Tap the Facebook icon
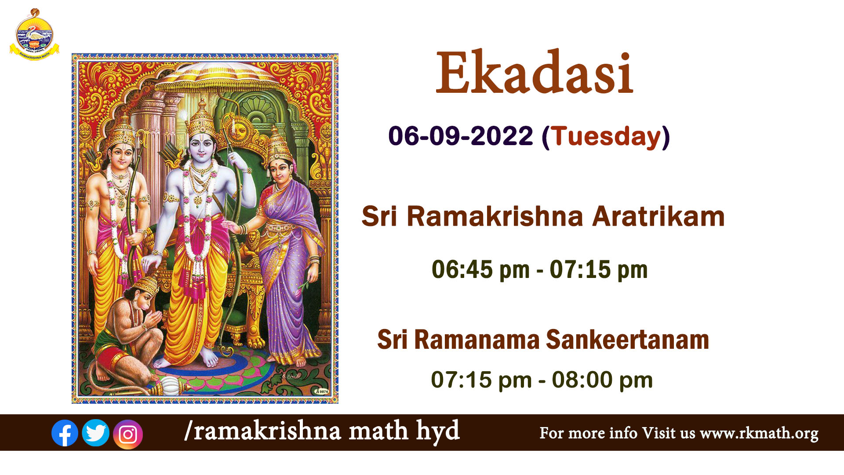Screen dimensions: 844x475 click(x=65, y=433)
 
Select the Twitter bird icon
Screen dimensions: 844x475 click(x=96, y=433)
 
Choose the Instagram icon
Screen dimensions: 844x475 click(x=128, y=435)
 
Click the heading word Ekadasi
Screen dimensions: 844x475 click(x=534, y=73)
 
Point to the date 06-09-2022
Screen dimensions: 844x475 click(x=461, y=136)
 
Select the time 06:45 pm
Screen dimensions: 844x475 click(x=480, y=270)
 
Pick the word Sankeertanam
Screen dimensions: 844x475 click(x=627, y=340)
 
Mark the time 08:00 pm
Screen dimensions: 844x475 click(x=602, y=380)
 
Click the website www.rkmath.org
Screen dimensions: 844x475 click(x=759, y=433)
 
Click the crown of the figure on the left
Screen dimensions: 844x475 click(x=122, y=131)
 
